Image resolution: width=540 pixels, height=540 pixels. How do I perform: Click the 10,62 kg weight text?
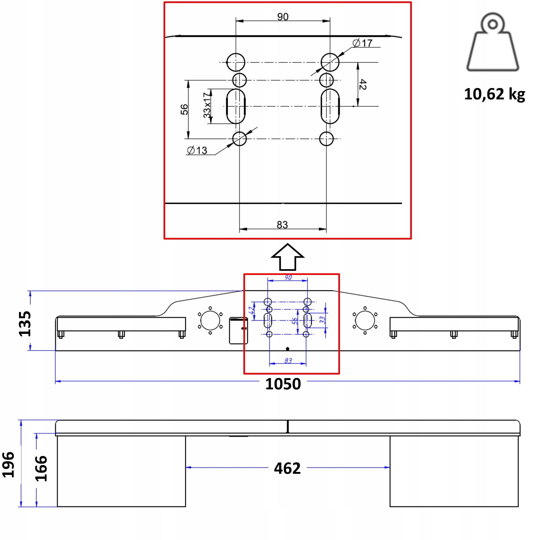point(494,94)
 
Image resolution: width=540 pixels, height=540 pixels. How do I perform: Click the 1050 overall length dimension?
point(283,384)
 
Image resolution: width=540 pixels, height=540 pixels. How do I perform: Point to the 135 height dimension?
point(25,324)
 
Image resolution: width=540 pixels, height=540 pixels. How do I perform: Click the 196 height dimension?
point(8,465)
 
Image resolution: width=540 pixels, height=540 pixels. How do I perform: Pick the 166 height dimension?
point(41,469)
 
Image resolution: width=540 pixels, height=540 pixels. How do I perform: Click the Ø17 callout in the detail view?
point(362,43)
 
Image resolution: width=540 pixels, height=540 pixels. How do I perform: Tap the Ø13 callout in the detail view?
point(197,150)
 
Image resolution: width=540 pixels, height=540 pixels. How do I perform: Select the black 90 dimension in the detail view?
point(283,17)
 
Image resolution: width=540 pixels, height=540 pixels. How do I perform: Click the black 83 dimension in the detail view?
point(282,225)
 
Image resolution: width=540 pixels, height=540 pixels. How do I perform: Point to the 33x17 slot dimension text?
point(207,105)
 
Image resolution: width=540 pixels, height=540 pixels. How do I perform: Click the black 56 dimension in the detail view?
point(184,109)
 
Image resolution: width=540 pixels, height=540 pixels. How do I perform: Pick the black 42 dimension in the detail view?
point(362,85)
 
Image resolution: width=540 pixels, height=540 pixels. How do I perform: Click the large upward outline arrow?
point(288,257)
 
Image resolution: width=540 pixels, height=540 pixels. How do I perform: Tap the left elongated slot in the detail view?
point(236,106)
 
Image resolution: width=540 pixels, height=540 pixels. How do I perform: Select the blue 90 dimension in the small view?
point(288,278)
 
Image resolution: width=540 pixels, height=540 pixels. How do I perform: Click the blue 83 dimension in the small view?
point(288,361)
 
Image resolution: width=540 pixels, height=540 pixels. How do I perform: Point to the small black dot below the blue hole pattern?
point(287,349)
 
